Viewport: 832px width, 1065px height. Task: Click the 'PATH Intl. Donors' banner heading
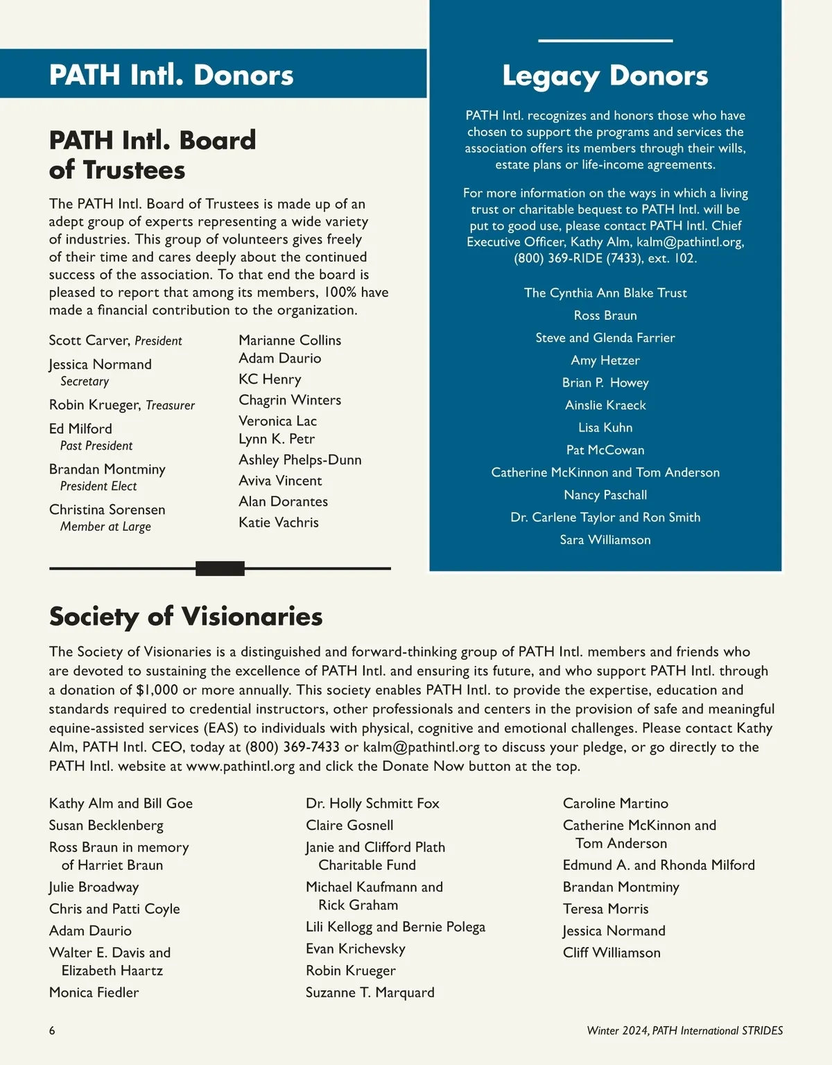point(171,75)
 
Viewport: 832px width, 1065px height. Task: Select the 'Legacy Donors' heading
point(605,75)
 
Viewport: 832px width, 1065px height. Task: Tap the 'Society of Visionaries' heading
point(186,616)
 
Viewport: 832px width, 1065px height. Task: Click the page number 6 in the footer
point(52,1030)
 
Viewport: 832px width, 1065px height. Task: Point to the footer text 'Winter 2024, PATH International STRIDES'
point(684,1030)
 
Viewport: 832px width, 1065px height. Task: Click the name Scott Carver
point(89,340)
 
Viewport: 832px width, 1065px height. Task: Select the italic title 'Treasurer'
point(170,405)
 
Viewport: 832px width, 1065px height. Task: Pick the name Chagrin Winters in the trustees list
point(290,400)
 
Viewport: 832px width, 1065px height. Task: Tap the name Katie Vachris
point(279,522)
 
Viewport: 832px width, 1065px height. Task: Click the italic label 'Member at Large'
point(105,527)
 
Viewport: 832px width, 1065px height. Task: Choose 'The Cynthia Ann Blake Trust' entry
point(605,293)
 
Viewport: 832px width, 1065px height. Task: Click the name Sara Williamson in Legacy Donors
point(605,540)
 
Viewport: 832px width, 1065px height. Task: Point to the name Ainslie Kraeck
point(605,405)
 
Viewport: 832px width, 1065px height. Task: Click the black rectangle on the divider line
point(220,568)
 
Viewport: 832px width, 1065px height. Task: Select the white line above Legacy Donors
point(605,41)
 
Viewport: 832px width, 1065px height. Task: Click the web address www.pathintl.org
point(241,766)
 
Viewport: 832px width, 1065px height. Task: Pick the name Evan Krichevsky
point(355,948)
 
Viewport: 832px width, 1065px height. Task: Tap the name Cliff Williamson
point(612,953)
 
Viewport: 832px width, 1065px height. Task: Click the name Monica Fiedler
point(94,992)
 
